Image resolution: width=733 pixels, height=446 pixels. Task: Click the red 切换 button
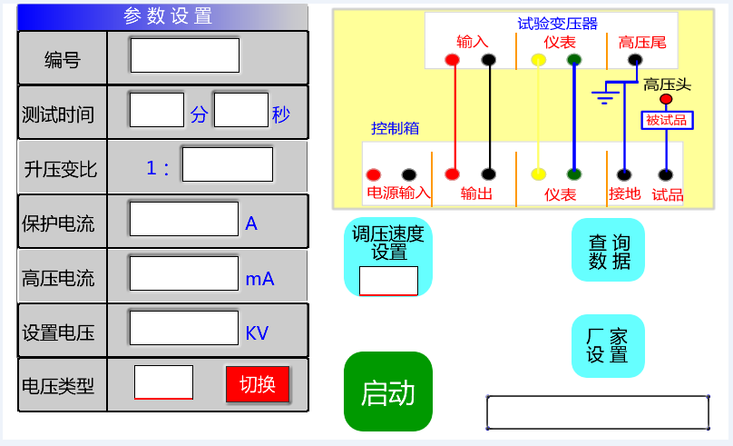pos(257,384)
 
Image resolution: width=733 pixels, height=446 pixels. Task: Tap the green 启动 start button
pos(387,391)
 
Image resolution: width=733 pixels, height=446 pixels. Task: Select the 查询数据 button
pos(608,251)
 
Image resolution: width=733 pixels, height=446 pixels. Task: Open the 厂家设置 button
pos(608,345)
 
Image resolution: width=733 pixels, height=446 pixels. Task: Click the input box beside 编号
pos(185,55)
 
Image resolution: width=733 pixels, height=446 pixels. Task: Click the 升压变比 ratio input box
pos(227,164)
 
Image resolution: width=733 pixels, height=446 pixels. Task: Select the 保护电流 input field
pos(184,219)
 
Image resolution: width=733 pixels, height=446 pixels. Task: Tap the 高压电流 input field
pos(184,273)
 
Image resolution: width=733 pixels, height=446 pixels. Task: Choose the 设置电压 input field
pos(184,328)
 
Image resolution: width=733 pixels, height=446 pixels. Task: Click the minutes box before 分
pos(157,110)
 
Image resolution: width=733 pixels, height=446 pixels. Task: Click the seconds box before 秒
pos(240,110)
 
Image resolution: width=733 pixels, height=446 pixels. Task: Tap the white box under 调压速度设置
pos(388,281)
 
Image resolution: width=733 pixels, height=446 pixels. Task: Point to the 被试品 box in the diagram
pos(667,120)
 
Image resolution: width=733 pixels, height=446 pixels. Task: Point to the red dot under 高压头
pos(666,99)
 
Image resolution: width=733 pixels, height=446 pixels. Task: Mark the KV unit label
pos(257,333)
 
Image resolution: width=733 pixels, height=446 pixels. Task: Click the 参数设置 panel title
pos(168,15)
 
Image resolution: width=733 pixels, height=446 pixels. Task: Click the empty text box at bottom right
pos(598,412)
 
